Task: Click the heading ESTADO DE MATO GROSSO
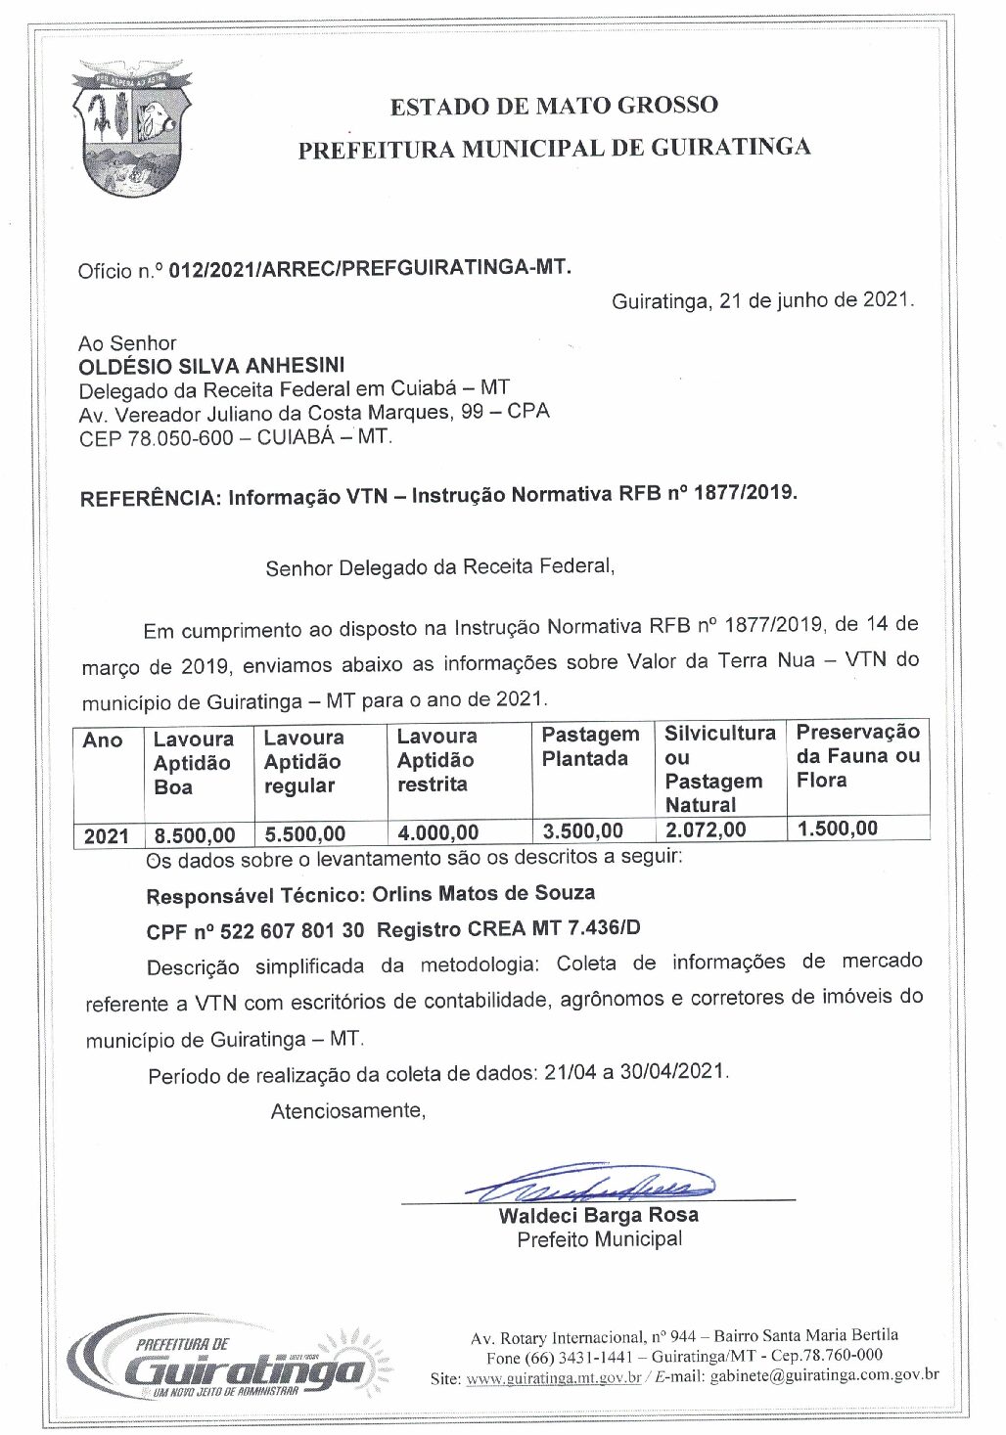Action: click(x=554, y=106)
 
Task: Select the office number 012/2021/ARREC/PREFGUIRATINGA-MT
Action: click(x=370, y=268)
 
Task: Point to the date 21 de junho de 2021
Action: click(x=815, y=300)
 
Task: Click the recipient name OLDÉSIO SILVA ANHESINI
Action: click(x=211, y=366)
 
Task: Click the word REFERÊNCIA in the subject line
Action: click(x=150, y=498)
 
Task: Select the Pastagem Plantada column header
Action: click(x=590, y=746)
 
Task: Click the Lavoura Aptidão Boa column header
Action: click(x=194, y=763)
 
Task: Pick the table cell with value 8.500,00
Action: click(x=195, y=835)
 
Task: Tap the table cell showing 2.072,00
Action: click(x=706, y=830)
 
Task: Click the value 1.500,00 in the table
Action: click(x=838, y=829)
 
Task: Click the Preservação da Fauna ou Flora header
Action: click(x=857, y=755)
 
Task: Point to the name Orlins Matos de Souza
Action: click(x=483, y=893)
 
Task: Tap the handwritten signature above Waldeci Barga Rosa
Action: click(x=597, y=1186)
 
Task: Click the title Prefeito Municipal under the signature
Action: click(x=600, y=1239)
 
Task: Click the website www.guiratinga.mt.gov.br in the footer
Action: click(x=554, y=1378)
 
